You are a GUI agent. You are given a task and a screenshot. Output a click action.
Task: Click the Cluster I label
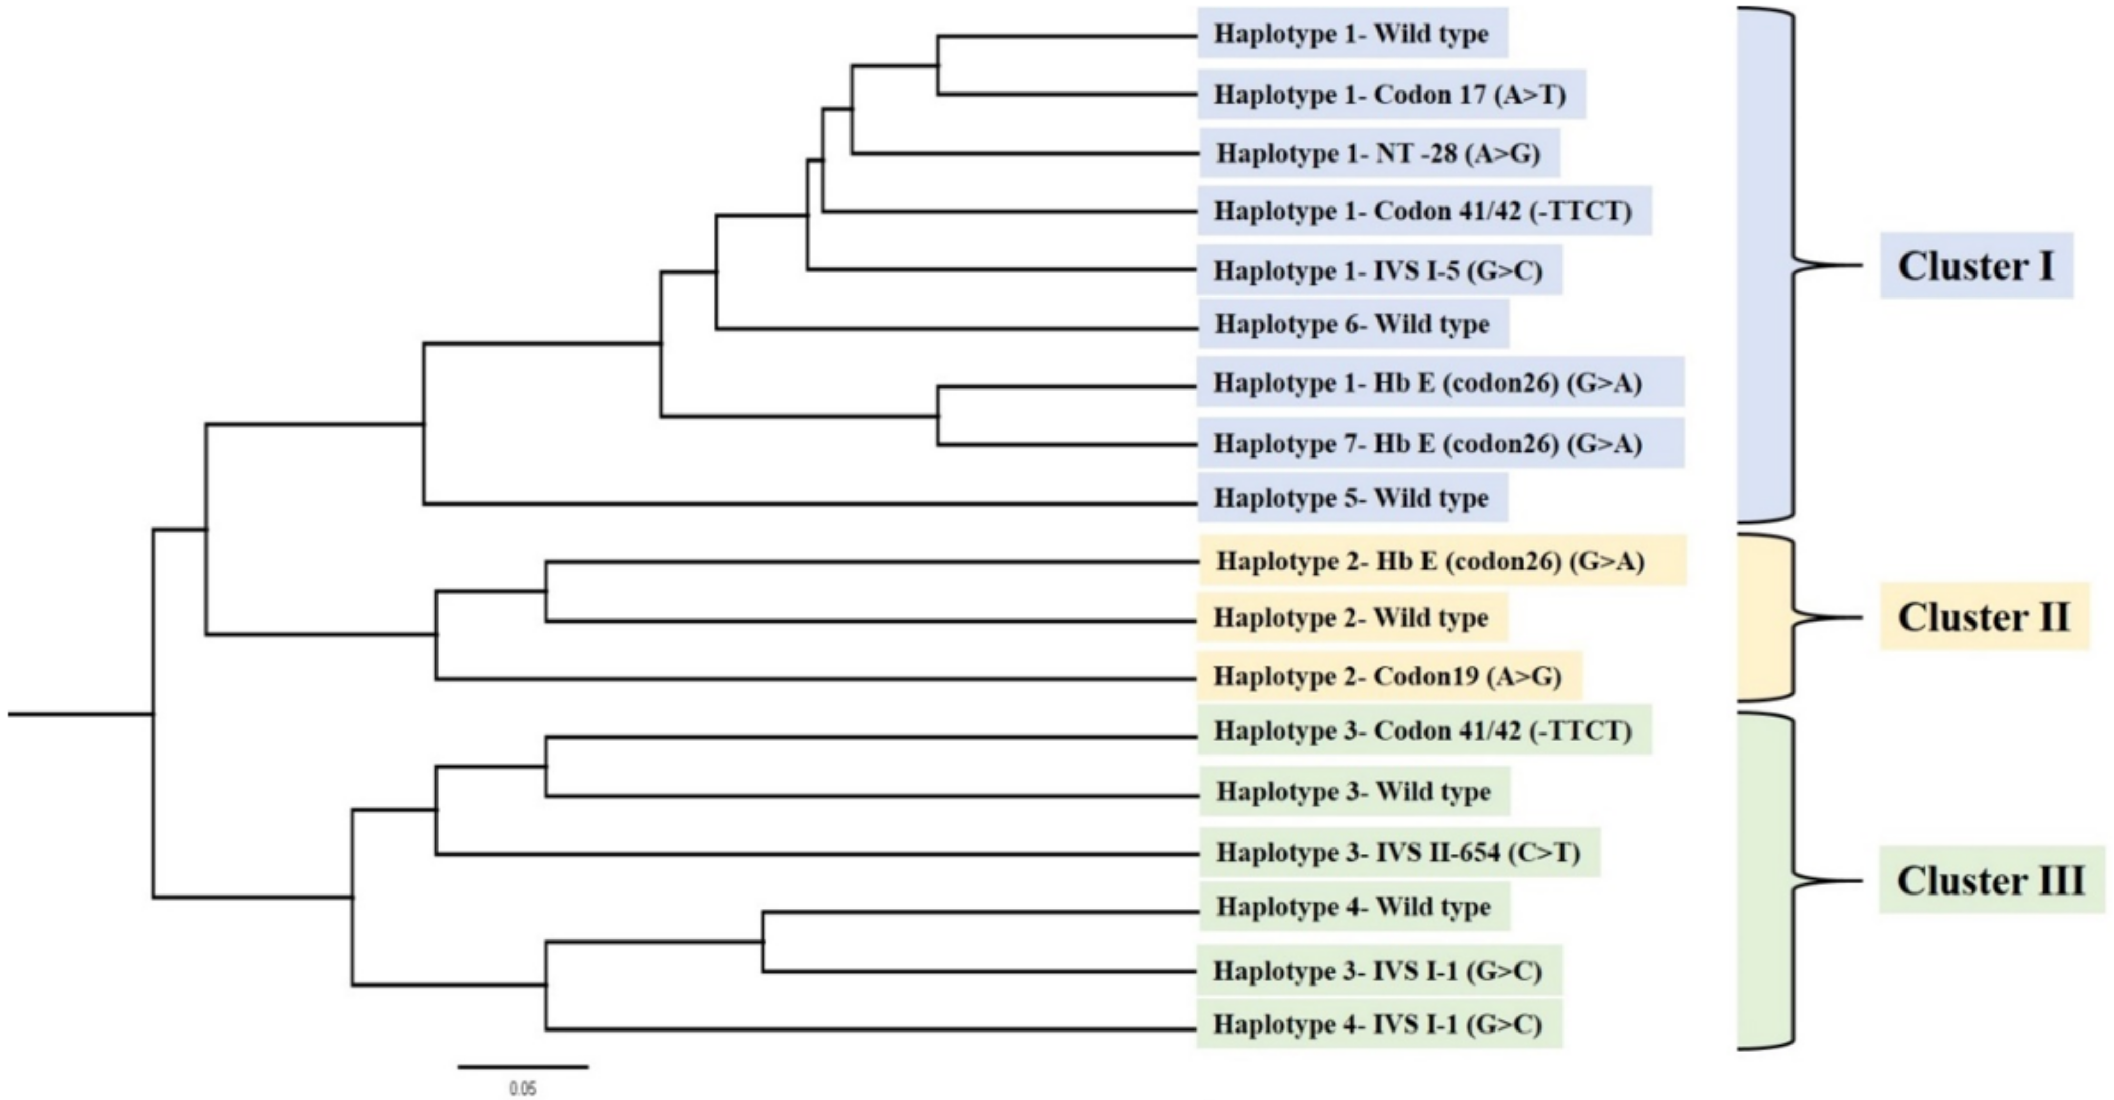[1976, 266]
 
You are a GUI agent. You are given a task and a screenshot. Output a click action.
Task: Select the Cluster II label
[1984, 617]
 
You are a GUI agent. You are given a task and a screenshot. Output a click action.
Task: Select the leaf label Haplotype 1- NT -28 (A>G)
[1378, 153]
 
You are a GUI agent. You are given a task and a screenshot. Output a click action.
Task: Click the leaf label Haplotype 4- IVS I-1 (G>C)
[1378, 1024]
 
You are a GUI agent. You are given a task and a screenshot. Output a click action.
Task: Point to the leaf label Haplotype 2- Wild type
[1351, 617]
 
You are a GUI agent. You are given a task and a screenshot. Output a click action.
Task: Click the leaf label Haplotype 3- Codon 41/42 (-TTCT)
[1424, 730]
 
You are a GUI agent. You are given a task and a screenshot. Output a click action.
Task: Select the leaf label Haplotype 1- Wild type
[1351, 34]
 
